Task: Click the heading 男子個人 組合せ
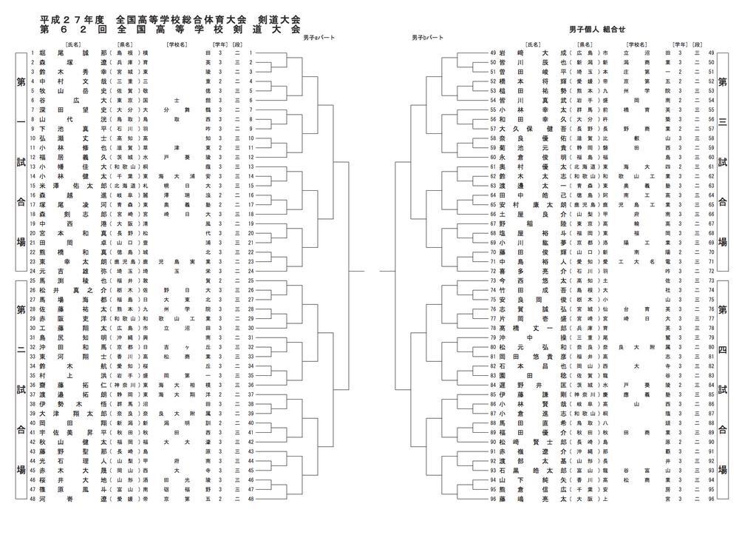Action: click(597, 29)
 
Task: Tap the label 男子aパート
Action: click(318, 37)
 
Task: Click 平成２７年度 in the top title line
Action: click(72, 18)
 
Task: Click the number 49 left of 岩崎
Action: click(492, 53)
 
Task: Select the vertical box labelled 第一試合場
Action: click(21, 162)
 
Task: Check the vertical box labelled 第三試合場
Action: click(723, 162)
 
